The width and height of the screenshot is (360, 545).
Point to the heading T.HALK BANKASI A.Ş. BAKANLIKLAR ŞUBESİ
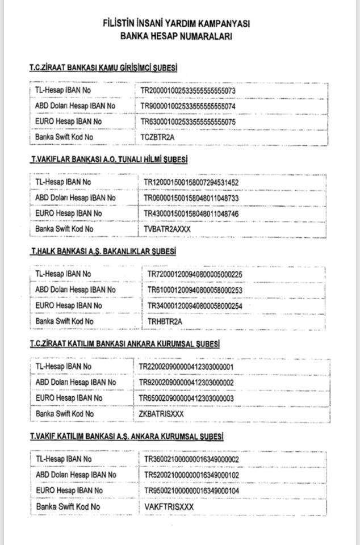click(x=103, y=251)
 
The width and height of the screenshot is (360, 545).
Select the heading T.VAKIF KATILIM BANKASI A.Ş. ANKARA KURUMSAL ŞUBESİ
click(x=126, y=436)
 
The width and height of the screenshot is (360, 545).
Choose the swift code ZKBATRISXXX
click(x=162, y=414)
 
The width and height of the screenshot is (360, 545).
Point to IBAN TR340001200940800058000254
click(x=195, y=305)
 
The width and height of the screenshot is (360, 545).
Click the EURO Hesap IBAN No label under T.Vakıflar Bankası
click(x=69, y=213)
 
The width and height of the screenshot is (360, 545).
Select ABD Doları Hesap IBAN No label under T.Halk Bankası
click(x=76, y=290)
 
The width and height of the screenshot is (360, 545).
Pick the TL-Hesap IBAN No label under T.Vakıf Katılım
click(x=64, y=459)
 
